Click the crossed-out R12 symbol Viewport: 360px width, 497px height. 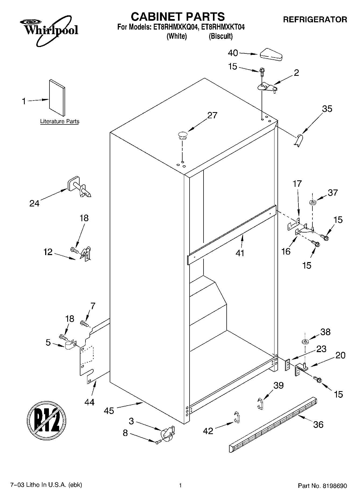coord(47,420)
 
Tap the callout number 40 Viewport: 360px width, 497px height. coord(233,53)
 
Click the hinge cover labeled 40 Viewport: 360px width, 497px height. coord(271,55)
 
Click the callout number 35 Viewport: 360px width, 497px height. coord(327,109)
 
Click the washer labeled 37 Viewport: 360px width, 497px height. coord(312,202)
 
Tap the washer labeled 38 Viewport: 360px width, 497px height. coord(305,342)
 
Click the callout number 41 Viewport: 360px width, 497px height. coord(240,253)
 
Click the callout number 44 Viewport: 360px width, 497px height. coord(89,402)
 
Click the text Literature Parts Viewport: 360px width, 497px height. coord(60,121)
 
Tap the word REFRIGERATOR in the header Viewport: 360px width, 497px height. coord(315,20)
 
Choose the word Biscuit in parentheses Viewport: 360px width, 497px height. coord(221,37)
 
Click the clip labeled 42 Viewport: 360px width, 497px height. coord(237,416)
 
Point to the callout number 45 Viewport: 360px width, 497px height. coord(109,411)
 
